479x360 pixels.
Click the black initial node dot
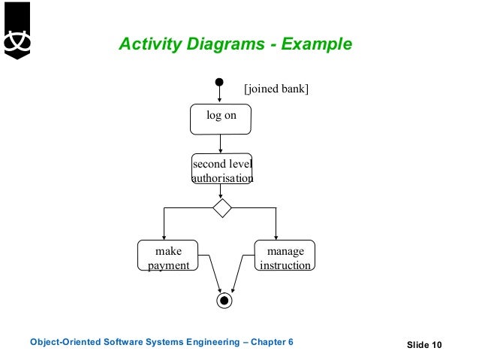point(219,82)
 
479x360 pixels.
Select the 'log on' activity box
point(220,119)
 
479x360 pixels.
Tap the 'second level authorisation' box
point(222,171)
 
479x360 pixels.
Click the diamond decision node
point(221,207)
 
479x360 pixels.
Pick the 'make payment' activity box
point(168,256)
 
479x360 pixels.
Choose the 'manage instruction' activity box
point(285,256)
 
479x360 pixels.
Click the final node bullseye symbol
point(224,301)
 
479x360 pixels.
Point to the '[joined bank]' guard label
point(276,89)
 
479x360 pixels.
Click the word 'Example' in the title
point(316,44)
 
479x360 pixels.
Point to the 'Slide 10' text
point(425,345)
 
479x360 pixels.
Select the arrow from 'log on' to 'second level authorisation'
point(220,144)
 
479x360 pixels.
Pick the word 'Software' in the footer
point(120,343)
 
